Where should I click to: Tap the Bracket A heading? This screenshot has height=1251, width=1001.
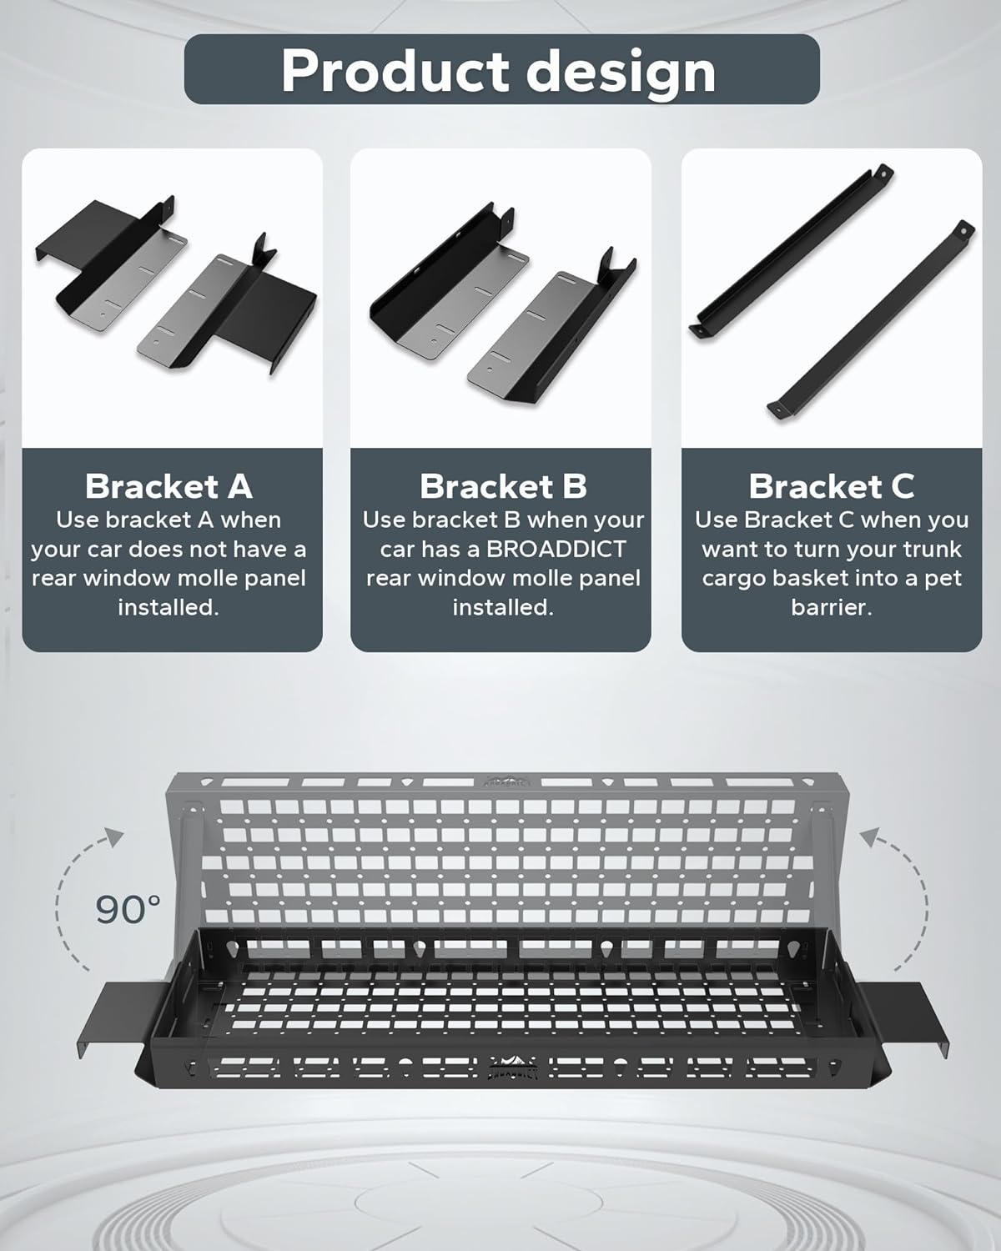[x=169, y=486]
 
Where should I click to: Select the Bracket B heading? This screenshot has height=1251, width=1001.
[x=503, y=486]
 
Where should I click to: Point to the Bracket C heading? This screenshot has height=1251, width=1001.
[x=831, y=486]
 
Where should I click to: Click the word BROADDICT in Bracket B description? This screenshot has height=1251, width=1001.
[x=556, y=550]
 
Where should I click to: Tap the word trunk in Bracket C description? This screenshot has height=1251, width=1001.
[x=933, y=550]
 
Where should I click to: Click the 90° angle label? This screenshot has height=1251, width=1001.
[x=128, y=909]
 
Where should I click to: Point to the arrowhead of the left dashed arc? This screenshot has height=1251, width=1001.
[x=114, y=837]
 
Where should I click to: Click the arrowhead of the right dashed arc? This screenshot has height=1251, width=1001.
[x=869, y=837]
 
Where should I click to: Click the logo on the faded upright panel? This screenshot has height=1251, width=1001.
[x=506, y=780]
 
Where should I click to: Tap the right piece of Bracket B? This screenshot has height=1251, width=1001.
[x=552, y=325]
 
